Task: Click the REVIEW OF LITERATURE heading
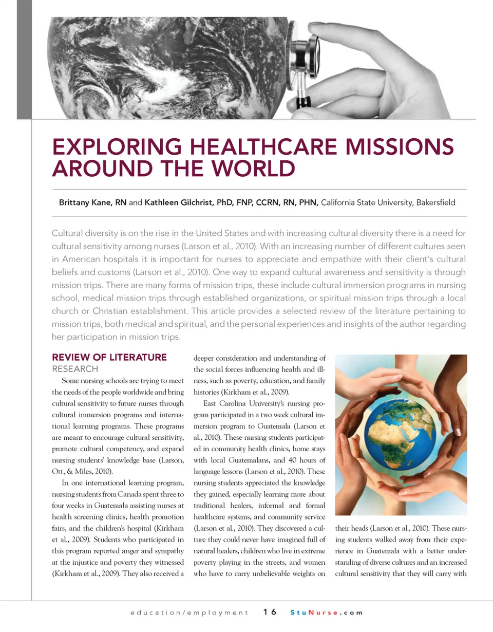[x=109, y=357]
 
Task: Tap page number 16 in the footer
[x=270, y=612]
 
